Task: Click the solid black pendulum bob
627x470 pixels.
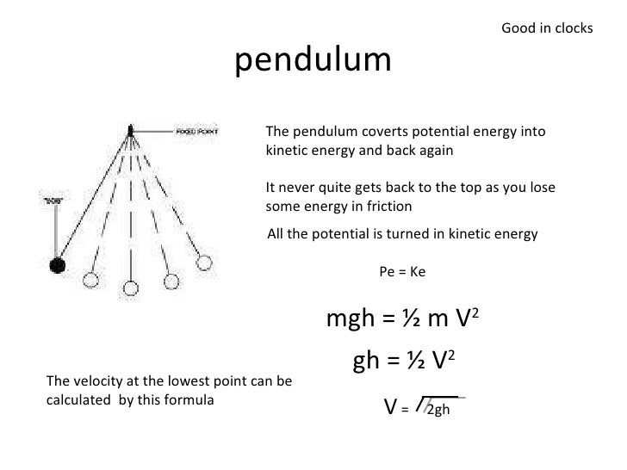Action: pos(58,265)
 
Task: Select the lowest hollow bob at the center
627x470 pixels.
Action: pos(129,288)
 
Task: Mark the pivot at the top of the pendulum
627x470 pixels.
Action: pos(130,131)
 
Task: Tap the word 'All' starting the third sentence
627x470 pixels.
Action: pos(277,232)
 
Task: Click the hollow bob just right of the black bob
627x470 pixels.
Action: pos(90,281)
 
